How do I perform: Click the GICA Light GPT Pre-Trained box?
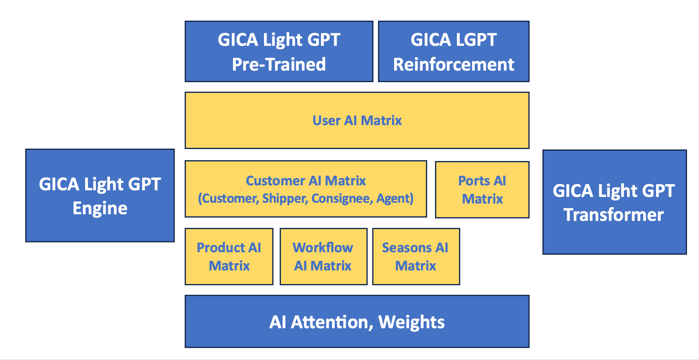279,52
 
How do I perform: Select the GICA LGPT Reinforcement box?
454,52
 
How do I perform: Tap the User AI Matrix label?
357,121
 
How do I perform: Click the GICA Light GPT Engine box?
100,196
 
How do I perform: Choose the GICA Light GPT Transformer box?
614,202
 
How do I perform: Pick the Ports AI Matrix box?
482,189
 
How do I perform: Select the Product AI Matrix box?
229,256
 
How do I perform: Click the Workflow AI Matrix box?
323,256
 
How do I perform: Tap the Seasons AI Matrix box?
416,256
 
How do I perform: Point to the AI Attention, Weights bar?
357,322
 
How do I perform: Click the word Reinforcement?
454,65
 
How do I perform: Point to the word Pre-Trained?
279,65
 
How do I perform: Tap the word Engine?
100,208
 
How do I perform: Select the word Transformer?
614,215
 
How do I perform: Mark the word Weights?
411,322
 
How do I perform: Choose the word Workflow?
323,248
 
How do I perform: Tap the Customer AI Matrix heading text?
306,181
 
